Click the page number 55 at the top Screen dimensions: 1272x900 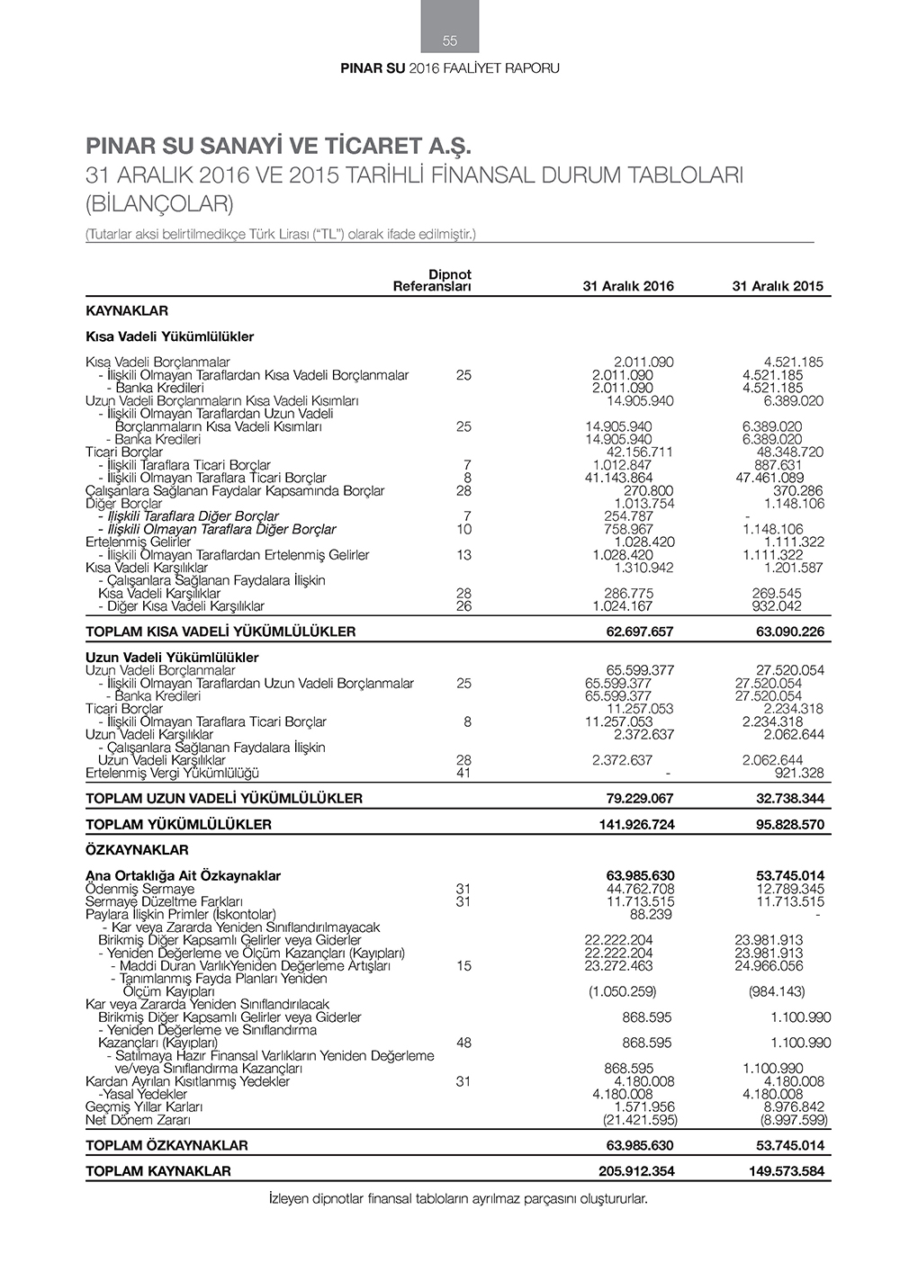[x=450, y=40]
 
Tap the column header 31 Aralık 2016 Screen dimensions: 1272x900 [x=628, y=286]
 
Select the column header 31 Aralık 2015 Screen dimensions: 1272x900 [x=778, y=286]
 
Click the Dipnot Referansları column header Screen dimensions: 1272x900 [x=434, y=281]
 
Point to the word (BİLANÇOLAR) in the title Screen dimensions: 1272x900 [x=159, y=204]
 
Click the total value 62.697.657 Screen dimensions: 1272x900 [x=639, y=632]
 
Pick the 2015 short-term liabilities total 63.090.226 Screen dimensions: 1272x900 [x=789, y=632]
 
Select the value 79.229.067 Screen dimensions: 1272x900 [x=639, y=798]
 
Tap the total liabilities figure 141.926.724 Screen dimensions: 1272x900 [x=636, y=824]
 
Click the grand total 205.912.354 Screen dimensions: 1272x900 [x=636, y=1171]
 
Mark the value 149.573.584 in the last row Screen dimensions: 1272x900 [x=787, y=1171]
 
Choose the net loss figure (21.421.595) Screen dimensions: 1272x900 [x=640, y=1120]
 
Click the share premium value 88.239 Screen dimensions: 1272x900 [x=651, y=914]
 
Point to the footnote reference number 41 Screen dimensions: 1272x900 [x=463, y=773]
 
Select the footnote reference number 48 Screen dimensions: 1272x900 [x=463, y=1043]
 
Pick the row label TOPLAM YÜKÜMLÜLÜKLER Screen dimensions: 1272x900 [x=178, y=824]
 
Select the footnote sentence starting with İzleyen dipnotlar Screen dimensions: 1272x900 [x=458, y=1198]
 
